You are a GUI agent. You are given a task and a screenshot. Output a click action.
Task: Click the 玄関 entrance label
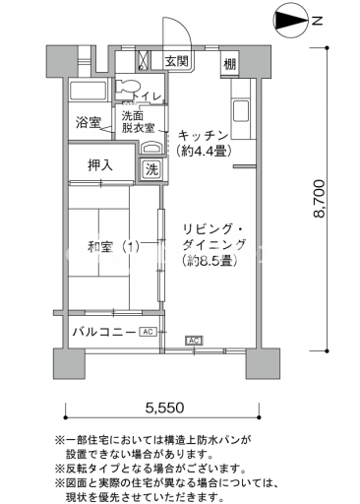point(177,61)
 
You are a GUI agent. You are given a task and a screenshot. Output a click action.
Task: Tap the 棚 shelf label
point(229,64)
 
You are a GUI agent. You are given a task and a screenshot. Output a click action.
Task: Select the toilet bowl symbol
point(128,87)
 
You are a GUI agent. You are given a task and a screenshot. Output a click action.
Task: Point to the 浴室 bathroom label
point(88,122)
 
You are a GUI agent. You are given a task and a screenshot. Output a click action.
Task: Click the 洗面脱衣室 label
point(138,122)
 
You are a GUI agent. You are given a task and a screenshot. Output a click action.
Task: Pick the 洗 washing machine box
point(151,169)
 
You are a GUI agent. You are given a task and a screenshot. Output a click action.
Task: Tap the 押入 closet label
point(100,165)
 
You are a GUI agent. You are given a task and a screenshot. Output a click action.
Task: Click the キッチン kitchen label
point(204,135)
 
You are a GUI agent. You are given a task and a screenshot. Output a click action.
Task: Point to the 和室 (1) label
point(113,247)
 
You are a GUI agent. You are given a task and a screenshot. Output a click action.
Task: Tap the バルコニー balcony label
point(104,332)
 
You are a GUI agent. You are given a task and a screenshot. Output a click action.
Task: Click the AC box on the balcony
point(149,332)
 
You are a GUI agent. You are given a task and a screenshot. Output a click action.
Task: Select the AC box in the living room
point(194,341)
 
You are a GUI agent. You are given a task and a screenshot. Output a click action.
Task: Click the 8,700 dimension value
point(319,199)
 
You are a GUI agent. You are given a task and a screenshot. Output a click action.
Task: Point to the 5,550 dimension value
point(164,408)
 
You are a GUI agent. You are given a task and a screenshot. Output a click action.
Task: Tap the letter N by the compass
point(317,22)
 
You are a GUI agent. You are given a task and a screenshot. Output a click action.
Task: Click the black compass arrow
point(291,21)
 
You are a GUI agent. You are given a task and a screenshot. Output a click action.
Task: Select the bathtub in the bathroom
point(89,90)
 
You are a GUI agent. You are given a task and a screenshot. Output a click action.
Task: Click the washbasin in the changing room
point(151,149)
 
